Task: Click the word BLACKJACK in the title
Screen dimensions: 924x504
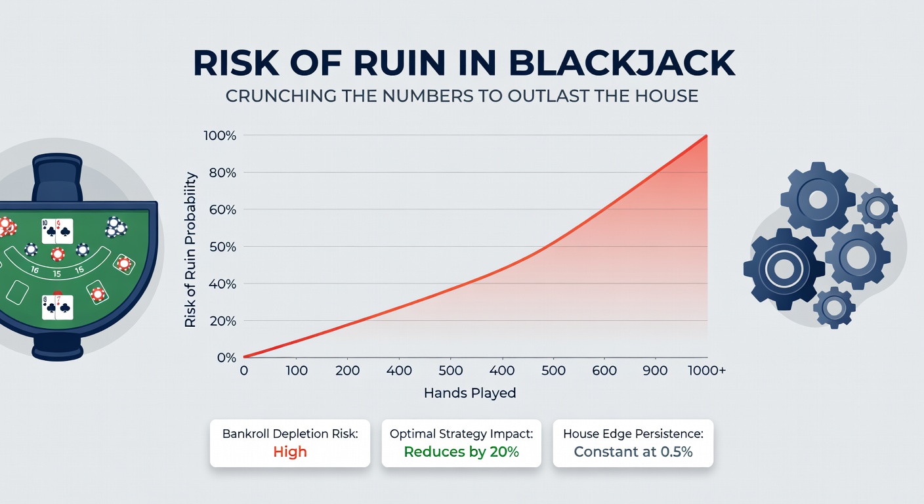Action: [x=621, y=63]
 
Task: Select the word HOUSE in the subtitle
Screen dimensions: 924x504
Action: [x=667, y=96]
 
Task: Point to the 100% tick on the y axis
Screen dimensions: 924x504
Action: [x=220, y=135]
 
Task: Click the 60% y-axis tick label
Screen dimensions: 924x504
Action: [x=222, y=209]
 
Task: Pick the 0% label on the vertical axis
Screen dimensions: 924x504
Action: [x=226, y=357]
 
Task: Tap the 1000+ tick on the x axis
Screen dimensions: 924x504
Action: [x=707, y=370]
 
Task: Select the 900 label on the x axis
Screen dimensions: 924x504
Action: [x=655, y=370]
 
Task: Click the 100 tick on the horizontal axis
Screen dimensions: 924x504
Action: [x=297, y=370]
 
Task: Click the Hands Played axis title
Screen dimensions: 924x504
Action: [x=470, y=392]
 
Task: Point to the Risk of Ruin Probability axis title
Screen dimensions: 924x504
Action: [x=190, y=249]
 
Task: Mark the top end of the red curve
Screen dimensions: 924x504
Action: [x=707, y=136]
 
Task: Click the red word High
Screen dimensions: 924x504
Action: [x=290, y=451]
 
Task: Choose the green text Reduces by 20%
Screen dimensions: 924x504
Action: [x=461, y=451]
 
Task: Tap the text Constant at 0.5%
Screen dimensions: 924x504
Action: [x=633, y=451]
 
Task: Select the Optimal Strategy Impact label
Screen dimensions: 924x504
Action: [x=461, y=434]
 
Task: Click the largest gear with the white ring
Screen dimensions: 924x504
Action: [x=784, y=269]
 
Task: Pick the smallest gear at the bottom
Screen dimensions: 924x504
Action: [x=834, y=308]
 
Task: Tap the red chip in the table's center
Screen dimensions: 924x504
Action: [x=58, y=254]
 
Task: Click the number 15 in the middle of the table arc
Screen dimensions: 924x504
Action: [x=57, y=274]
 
